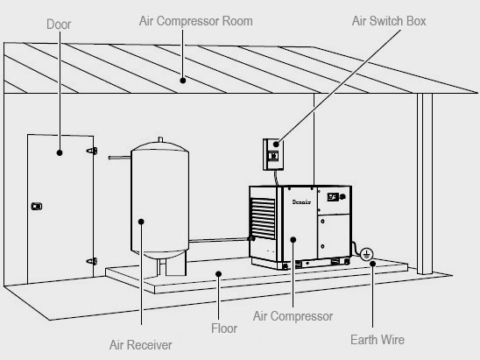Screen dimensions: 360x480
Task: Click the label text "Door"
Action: [x=59, y=25]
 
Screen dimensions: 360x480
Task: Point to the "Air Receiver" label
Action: [x=141, y=344]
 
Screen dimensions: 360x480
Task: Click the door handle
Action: [x=36, y=207]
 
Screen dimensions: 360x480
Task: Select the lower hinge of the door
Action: [x=91, y=260]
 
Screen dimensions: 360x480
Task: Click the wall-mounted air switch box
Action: [x=273, y=154]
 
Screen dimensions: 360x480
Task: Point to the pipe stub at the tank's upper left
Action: [x=117, y=157]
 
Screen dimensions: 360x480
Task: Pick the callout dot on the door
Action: [x=60, y=152]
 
